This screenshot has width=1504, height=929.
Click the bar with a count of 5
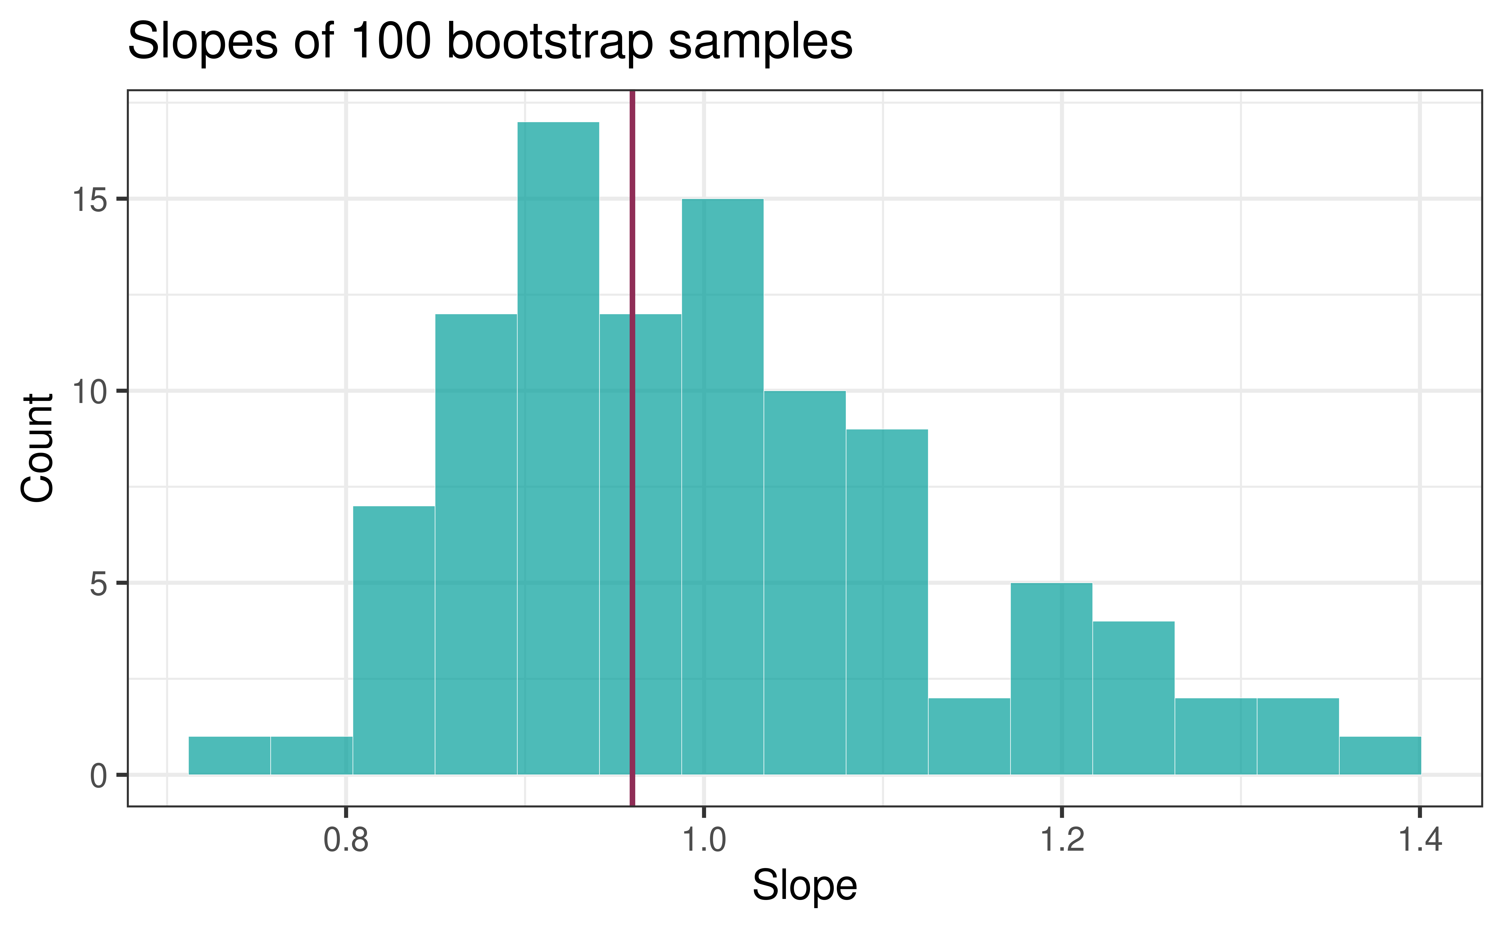[1051, 679]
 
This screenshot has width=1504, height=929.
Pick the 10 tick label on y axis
[90, 391]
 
